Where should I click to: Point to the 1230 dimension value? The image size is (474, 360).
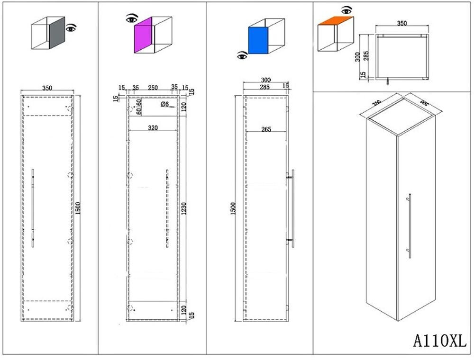(184, 208)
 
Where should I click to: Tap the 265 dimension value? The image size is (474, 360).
(265, 129)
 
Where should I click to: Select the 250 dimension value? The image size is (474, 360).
(153, 88)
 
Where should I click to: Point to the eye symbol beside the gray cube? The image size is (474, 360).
(71, 28)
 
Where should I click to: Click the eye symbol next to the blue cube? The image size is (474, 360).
(242, 55)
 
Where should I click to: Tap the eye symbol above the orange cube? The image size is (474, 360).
(346, 9)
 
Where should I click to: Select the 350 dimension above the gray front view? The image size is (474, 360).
(47, 88)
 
